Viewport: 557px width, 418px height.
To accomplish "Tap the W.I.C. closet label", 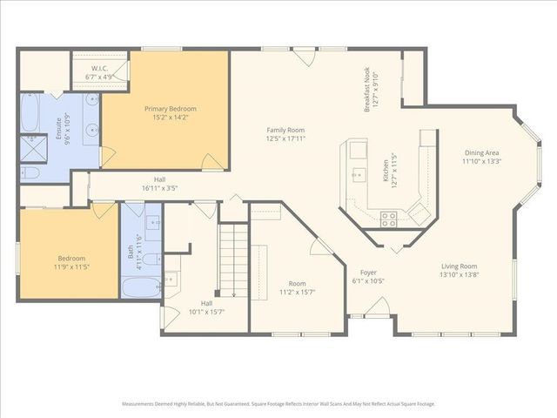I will [101, 71].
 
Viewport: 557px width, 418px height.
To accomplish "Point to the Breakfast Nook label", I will [372, 90].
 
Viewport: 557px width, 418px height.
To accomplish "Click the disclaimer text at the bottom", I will [278, 404].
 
